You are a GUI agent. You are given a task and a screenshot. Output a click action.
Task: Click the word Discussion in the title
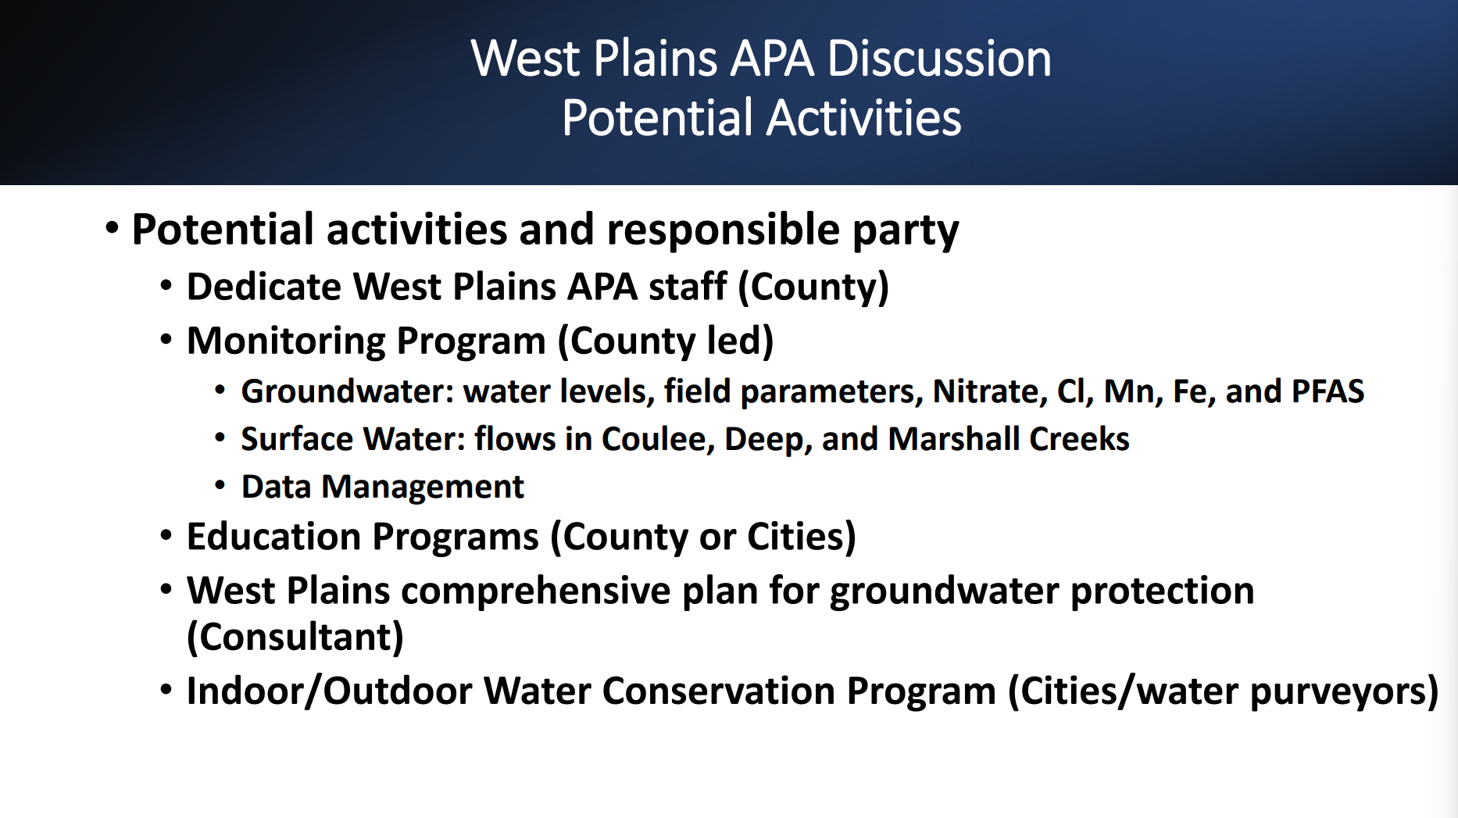pyautogui.click(x=939, y=59)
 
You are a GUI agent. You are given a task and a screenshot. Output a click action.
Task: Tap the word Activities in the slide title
pyautogui.click(x=864, y=118)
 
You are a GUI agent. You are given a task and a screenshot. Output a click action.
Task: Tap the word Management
pyautogui.click(x=423, y=488)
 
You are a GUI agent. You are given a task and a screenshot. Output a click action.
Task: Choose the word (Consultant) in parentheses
pyautogui.click(x=295, y=637)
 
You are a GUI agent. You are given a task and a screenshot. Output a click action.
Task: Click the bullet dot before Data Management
pyautogui.click(x=220, y=486)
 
